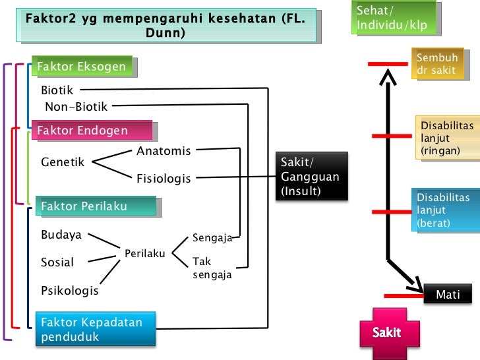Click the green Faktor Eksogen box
click(82, 67)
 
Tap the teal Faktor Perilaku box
click(95, 206)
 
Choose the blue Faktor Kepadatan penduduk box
click(94, 330)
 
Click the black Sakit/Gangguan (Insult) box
click(311, 176)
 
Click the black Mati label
click(448, 295)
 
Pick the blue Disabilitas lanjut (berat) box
click(447, 210)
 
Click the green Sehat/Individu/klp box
click(394, 18)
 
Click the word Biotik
click(57, 90)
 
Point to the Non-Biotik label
click(76, 106)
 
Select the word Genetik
click(63, 162)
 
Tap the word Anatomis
click(164, 151)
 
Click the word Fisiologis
click(164, 179)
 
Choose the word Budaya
click(61, 235)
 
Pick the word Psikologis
click(70, 290)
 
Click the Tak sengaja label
click(212, 268)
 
